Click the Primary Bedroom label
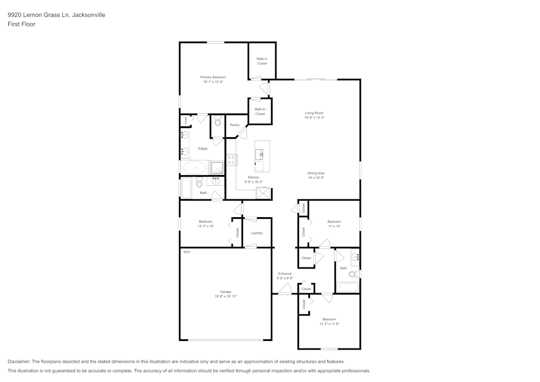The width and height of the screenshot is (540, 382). click(x=213, y=77)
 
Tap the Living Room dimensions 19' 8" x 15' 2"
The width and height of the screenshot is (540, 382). click(x=314, y=117)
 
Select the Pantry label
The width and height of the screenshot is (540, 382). click(x=234, y=125)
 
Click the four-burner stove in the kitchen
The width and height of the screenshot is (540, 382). click(x=231, y=160)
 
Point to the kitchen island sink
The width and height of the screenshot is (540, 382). click(x=261, y=155)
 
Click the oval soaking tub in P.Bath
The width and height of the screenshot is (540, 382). click(x=194, y=167)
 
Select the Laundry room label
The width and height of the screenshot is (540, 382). click(x=256, y=233)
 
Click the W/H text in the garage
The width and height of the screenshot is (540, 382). click(x=186, y=252)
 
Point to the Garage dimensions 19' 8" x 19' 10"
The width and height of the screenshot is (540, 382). click(x=225, y=296)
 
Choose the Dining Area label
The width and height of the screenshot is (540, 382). click(x=316, y=173)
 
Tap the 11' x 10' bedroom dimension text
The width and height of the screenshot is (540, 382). click(x=334, y=226)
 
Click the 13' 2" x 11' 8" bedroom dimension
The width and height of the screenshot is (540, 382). click(x=329, y=324)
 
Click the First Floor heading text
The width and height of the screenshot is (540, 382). click(x=22, y=24)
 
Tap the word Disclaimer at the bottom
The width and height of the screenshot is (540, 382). click(x=19, y=361)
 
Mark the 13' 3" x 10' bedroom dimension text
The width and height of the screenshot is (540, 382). click(x=205, y=226)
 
